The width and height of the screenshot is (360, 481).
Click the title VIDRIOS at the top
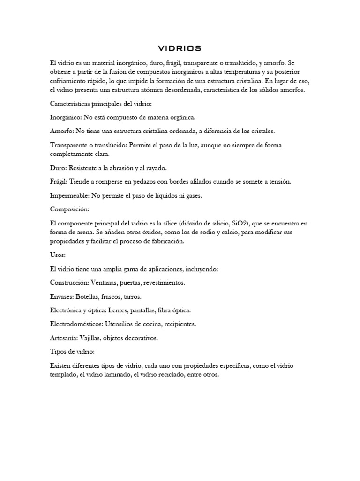click(x=180, y=48)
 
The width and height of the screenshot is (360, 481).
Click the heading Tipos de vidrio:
click(x=72, y=351)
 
